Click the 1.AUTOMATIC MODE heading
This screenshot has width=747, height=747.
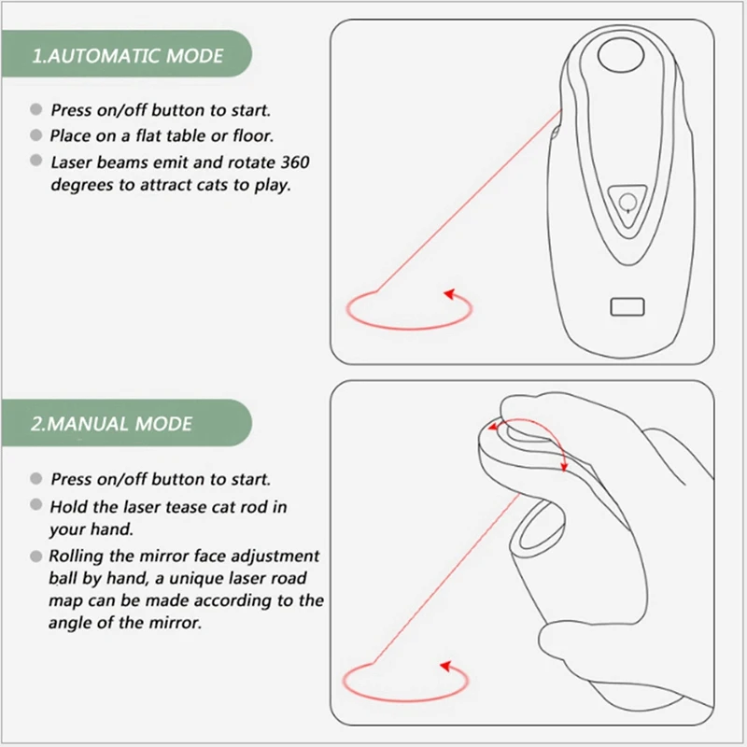127,56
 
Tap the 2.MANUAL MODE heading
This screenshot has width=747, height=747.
111,424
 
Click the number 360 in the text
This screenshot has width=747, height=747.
295,162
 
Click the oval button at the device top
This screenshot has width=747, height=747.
621,55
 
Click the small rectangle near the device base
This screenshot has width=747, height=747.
627,307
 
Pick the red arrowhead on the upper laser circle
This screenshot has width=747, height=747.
450,294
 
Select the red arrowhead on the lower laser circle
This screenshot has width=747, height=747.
446,666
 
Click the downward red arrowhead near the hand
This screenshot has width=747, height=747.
565,466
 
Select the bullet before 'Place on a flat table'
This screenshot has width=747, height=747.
36,135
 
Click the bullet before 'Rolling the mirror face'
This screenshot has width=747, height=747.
36,556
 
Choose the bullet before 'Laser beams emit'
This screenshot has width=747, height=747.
36,160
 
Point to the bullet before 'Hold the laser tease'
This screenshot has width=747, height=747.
36,504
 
